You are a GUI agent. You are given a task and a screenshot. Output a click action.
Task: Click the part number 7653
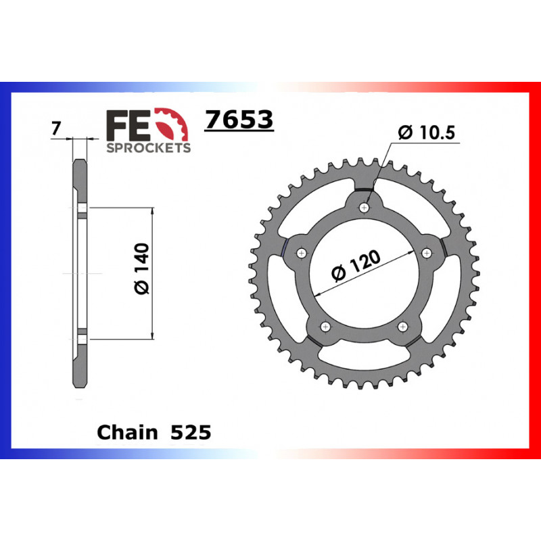(x=239, y=120)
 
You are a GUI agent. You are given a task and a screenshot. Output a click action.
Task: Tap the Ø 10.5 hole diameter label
(x=427, y=133)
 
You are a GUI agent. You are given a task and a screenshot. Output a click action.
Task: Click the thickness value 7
(x=56, y=128)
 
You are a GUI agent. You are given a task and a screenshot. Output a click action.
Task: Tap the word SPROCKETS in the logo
(x=149, y=147)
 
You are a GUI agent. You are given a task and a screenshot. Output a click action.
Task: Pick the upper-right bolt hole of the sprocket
(x=427, y=252)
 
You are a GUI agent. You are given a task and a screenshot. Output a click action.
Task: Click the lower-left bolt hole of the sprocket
(x=326, y=327)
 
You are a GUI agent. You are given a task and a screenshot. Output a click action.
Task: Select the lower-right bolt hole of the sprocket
(x=403, y=327)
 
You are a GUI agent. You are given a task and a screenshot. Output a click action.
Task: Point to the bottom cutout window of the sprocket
(x=364, y=362)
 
